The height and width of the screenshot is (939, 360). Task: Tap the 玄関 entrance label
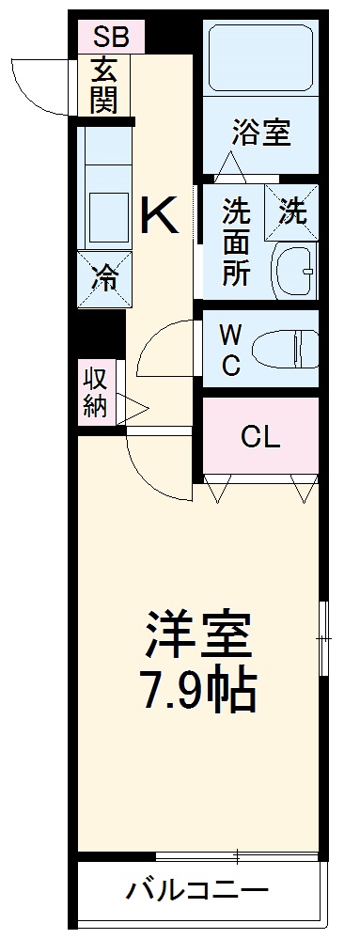point(103,86)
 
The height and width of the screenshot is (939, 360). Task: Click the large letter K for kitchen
point(159,218)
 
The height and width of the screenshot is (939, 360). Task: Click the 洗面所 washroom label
point(235,243)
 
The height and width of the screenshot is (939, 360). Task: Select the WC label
point(230,349)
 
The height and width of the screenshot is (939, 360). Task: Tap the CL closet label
point(259,437)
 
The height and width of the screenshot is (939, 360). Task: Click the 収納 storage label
point(95,393)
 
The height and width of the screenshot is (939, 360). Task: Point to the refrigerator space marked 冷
point(104,277)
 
